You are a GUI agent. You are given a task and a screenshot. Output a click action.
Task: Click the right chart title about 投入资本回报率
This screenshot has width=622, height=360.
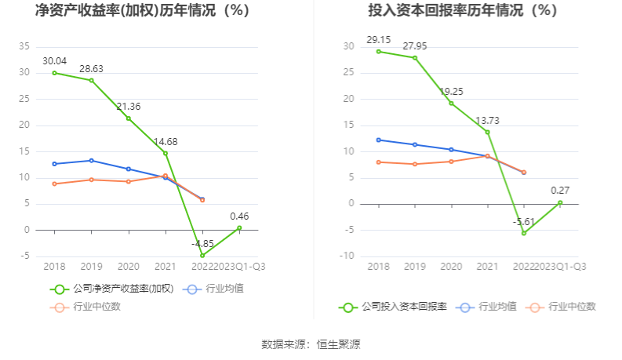463,11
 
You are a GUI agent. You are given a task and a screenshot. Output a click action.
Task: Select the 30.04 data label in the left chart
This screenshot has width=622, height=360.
54,61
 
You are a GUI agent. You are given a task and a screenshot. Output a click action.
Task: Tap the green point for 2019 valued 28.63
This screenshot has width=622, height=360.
91,80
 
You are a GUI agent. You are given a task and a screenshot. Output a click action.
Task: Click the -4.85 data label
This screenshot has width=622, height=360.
203,243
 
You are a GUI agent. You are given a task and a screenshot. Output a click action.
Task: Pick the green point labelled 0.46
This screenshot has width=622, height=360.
239,228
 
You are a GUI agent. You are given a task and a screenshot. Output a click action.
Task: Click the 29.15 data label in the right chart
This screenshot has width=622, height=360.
378,39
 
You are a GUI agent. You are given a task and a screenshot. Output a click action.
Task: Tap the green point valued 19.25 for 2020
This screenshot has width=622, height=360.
451,103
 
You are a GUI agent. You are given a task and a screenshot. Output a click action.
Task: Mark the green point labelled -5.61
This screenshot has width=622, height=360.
523,233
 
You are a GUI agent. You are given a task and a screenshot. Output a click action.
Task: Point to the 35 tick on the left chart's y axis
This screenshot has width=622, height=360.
24,46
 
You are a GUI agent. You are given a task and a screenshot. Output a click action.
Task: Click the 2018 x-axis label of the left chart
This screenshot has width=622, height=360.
54,266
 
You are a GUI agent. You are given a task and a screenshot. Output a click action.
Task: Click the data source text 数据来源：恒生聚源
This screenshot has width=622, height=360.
311,344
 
